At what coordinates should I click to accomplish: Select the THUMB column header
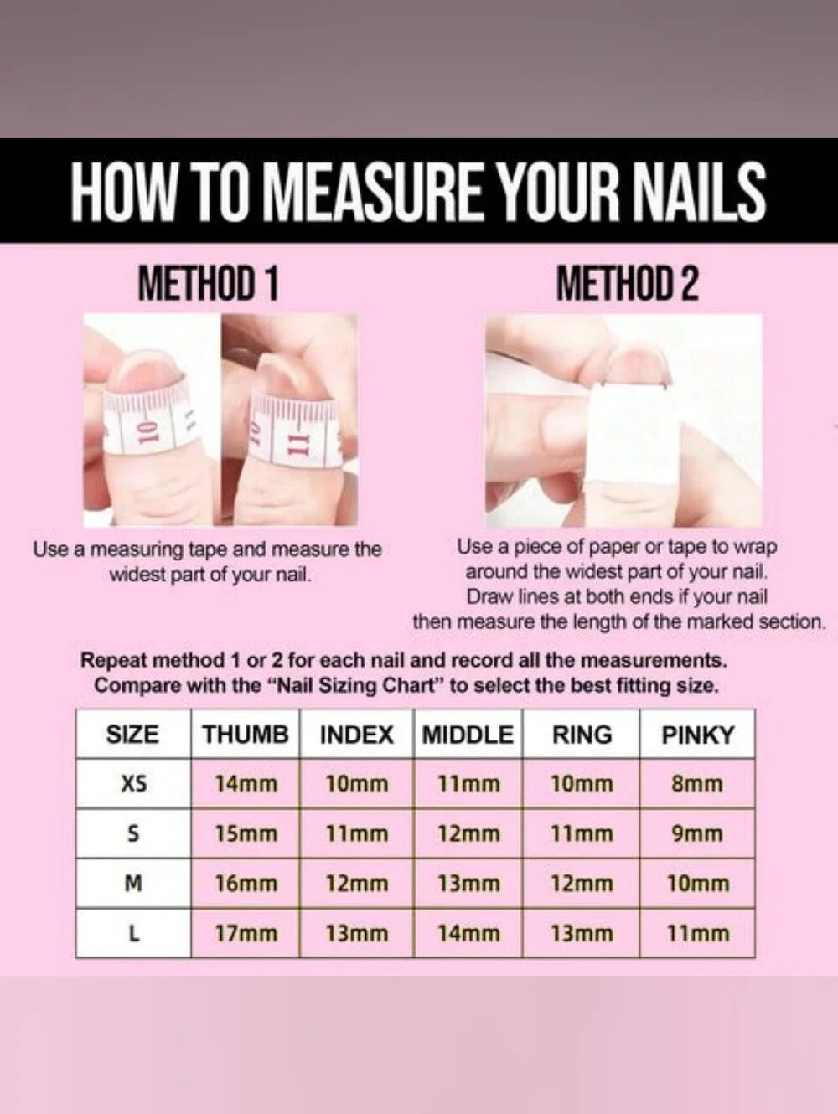[246, 734]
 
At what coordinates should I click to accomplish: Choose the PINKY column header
[698, 735]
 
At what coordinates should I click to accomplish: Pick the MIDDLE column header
[468, 735]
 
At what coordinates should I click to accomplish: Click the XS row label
[134, 784]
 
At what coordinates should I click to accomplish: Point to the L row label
[133, 934]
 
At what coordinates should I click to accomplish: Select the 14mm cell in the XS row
[246, 784]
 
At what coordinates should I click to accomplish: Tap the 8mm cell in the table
[697, 784]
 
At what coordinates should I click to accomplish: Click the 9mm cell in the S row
[697, 834]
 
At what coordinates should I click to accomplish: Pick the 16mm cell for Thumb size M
[246, 884]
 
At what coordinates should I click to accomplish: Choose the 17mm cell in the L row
[246, 934]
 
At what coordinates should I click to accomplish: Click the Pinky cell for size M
[698, 884]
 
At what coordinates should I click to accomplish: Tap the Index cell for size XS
[357, 784]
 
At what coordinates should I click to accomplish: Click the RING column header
[582, 735]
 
